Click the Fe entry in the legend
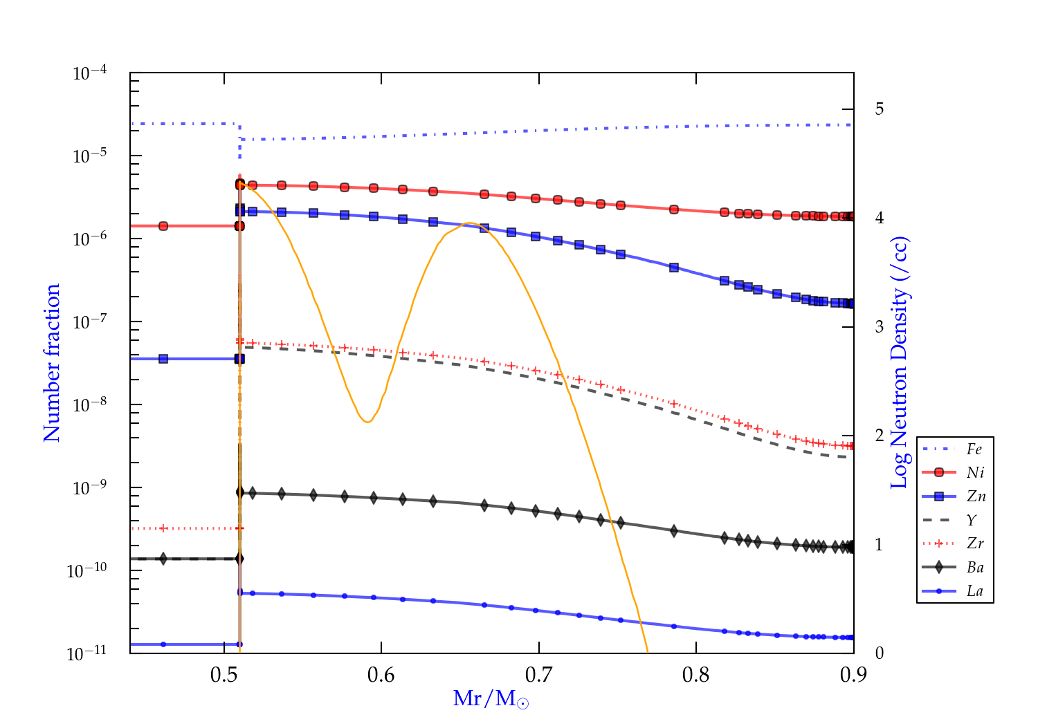point(974,449)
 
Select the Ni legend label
point(975,473)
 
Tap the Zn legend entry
point(976,496)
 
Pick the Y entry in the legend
point(972,520)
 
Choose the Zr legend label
point(975,543)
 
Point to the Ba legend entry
point(975,568)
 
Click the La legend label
point(974,591)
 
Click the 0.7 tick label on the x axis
point(538,674)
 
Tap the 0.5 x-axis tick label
point(224,674)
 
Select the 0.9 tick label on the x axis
point(853,674)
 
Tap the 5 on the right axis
point(879,109)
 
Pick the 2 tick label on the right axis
point(879,435)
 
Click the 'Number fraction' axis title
point(52,362)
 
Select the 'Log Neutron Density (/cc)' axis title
point(899,362)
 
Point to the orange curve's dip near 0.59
point(367,422)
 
